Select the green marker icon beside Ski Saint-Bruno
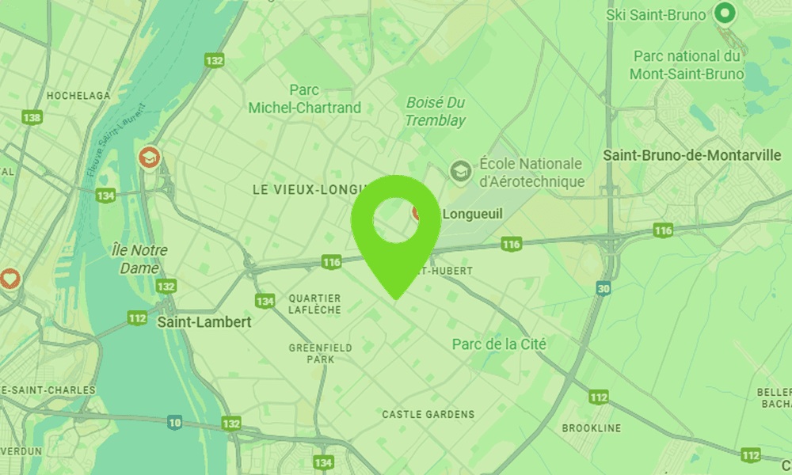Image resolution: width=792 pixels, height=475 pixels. click(724, 13)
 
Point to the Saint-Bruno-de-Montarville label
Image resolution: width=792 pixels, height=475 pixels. click(692, 155)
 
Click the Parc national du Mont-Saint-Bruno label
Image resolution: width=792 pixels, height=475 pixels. click(687, 65)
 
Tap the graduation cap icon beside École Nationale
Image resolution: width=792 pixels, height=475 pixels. click(459, 170)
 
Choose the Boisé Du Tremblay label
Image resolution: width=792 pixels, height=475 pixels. click(436, 112)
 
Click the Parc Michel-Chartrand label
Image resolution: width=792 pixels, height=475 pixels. click(304, 99)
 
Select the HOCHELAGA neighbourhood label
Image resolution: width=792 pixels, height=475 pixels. click(78, 95)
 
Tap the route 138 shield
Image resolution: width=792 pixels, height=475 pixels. click(32, 118)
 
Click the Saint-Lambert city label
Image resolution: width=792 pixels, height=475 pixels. click(204, 322)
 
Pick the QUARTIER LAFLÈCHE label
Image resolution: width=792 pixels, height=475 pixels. click(314, 304)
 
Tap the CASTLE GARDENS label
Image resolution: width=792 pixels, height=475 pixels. click(428, 414)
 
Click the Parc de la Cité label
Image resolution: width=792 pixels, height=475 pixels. click(499, 344)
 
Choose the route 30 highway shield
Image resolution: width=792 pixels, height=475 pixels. click(604, 290)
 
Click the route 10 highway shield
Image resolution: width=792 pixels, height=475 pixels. click(175, 423)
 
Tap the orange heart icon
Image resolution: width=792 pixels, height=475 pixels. click(9, 279)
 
